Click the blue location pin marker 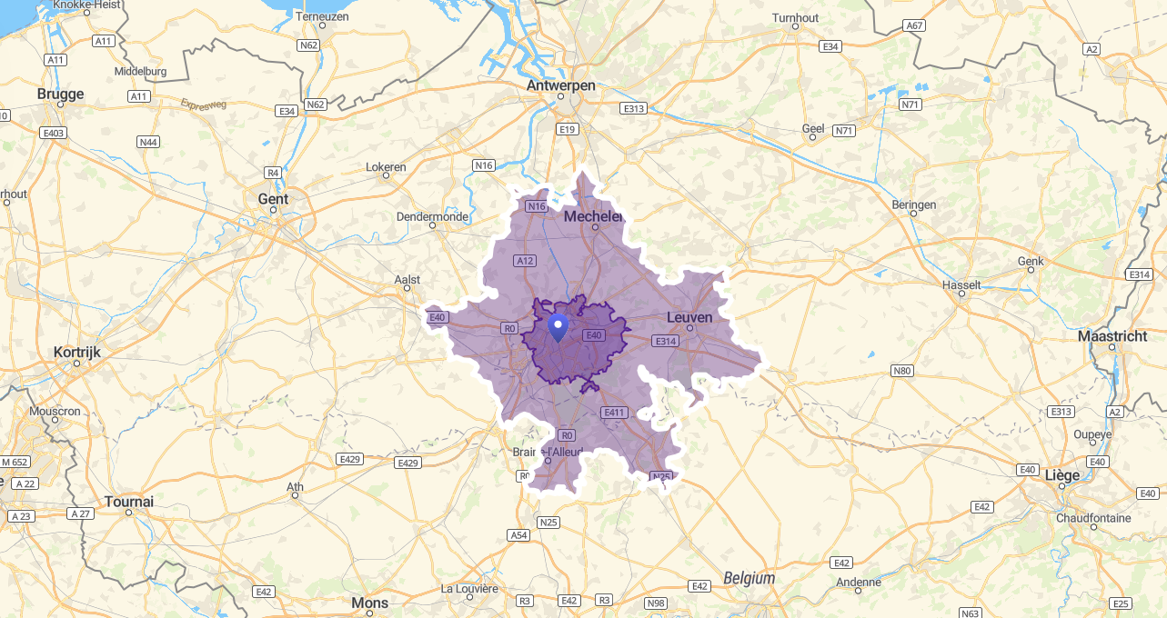click(559, 326)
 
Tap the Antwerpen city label click(560, 85)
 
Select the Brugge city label click(60, 94)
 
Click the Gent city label click(273, 199)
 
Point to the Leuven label click(689, 317)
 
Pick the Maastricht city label click(1112, 336)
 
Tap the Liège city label click(1062, 475)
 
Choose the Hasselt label click(962, 284)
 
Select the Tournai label click(129, 502)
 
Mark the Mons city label click(369, 603)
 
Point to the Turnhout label click(795, 18)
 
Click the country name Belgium click(749, 578)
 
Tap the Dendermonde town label click(432, 217)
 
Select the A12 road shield click(525, 261)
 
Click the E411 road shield click(615, 413)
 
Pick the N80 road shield click(902, 371)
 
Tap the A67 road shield click(914, 25)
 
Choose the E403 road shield click(54, 134)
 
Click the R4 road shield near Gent click(273, 173)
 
